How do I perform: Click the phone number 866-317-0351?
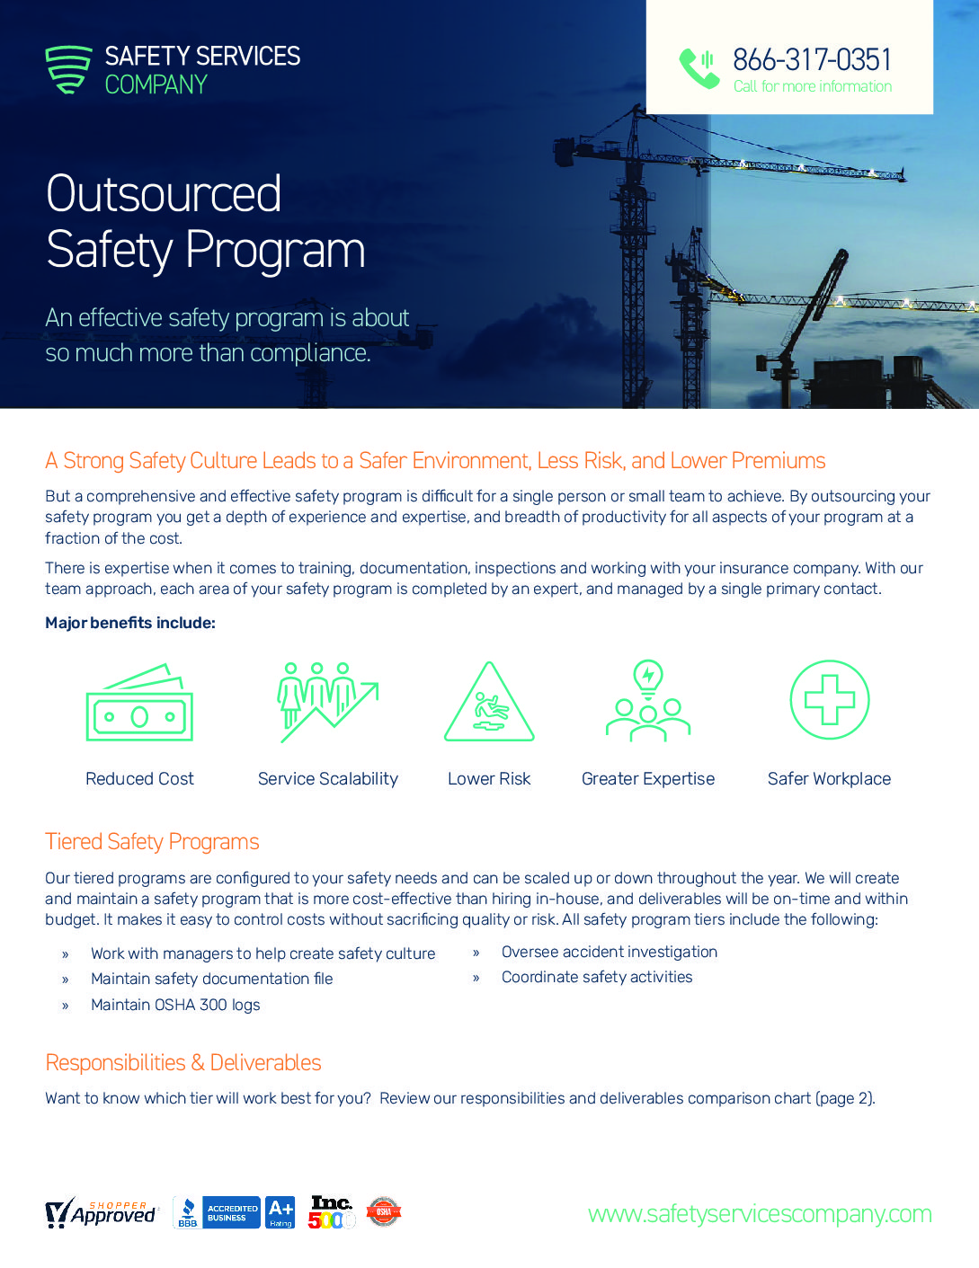(x=812, y=59)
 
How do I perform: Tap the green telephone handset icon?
(x=699, y=67)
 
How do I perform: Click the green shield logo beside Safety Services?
(x=68, y=69)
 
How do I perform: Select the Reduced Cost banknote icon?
(x=139, y=703)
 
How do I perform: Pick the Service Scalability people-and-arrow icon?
(x=328, y=702)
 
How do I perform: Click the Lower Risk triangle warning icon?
(x=489, y=704)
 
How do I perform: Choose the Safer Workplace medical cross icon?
(x=829, y=700)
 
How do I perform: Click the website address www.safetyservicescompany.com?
(x=760, y=1214)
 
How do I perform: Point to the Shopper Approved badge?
(x=101, y=1213)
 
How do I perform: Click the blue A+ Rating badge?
(x=280, y=1212)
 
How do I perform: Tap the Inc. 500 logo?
(x=332, y=1212)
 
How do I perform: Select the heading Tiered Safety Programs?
(x=152, y=842)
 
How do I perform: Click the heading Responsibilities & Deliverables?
(x=183, y=1063)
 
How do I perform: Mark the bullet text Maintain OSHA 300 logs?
(x=175, y=1005)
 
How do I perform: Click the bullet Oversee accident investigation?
(x=610, y=952)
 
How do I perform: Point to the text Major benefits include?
(x=130, y=623)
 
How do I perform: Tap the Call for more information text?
(x=813, y=86)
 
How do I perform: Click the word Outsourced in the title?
(x=164, y=194)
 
